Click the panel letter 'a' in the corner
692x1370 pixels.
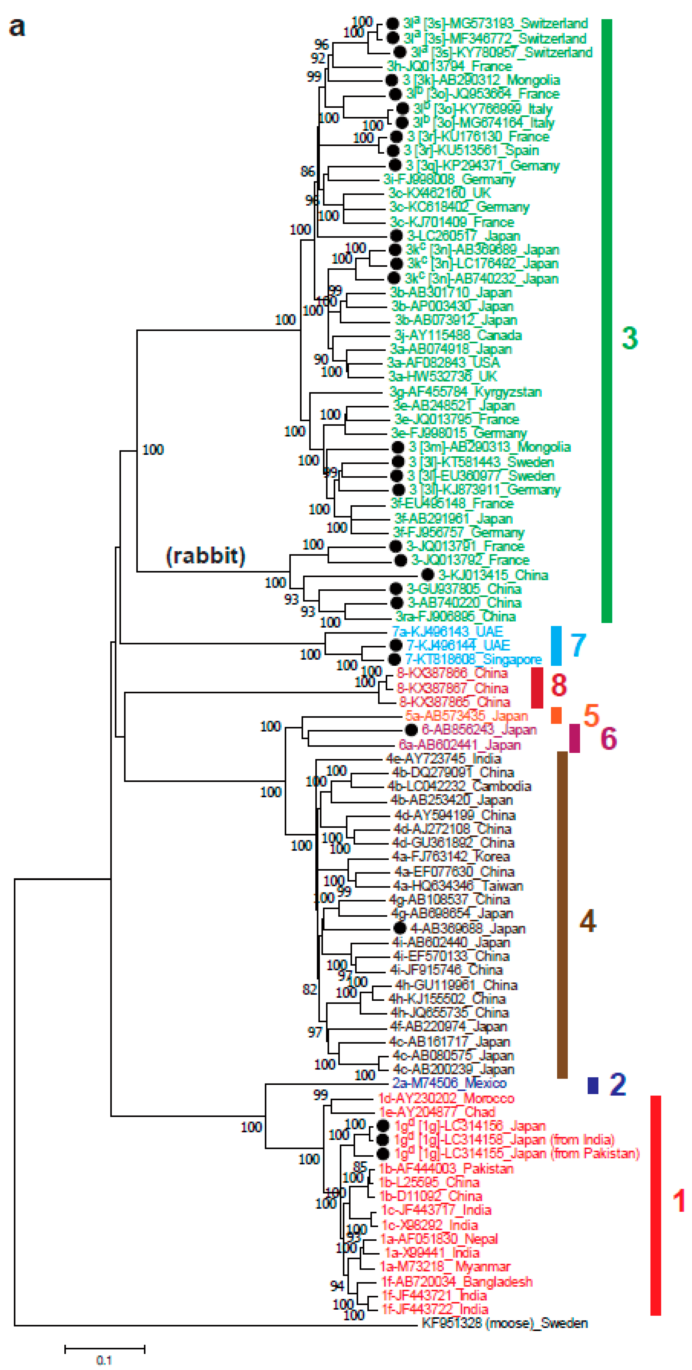pyautogui.click(x=17, y=27)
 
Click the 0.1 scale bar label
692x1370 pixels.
pyautogui.click(x=104, y=1360)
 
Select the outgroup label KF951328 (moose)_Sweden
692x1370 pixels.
pyautogui.click(x=504, y=1323)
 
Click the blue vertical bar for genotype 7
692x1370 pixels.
pyautogui.click(x=556, y=646)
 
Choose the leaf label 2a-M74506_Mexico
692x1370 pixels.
pyautogui.click(x=449, y=1083)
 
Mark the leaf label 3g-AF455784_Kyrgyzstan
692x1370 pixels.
pyautogui.click(x=465, y=392)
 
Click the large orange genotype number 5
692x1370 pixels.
pyautogui.click(x=591, y=715)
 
